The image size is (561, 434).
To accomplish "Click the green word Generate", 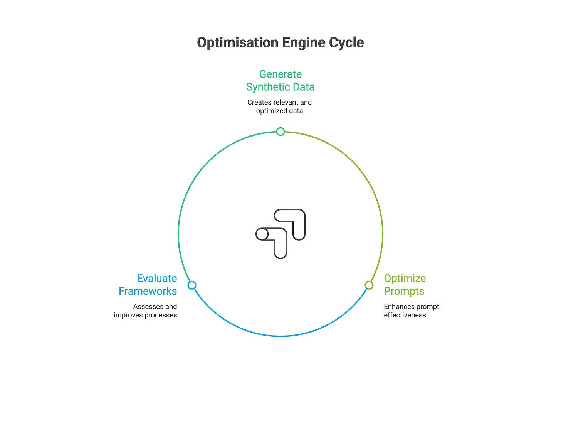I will tap(280, 74).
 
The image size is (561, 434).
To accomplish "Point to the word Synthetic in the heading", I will tap(265, 87).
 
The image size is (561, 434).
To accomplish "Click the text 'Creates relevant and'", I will tap(279, 102).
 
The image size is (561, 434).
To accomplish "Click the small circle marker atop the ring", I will tap(280, 132).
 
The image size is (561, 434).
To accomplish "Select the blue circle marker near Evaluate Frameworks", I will tap(192, 285).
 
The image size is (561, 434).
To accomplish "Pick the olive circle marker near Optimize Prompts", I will tap(369, 285).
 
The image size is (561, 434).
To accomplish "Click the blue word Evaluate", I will tap(157, 279).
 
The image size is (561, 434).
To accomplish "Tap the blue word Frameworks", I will tap(148, 291).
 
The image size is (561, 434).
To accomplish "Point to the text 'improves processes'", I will tap(145, 315).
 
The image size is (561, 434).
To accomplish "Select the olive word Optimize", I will tap(405, 279).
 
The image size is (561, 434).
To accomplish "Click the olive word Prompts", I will tap(404, 291).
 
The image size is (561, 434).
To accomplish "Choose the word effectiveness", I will tap(405, 315).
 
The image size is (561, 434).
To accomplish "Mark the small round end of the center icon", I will tap(262, 234).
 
